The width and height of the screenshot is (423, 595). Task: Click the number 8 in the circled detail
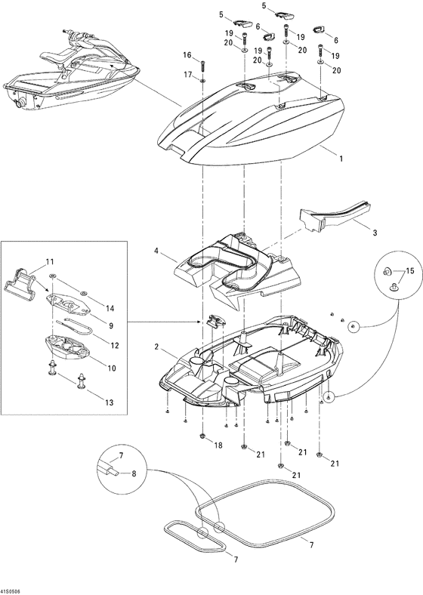(x=134, y=473)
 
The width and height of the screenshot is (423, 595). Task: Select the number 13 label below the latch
(x=110, y=403)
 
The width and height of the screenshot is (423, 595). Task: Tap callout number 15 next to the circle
(x=410, y=271)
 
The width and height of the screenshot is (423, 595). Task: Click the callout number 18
(x=218, y=446)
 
